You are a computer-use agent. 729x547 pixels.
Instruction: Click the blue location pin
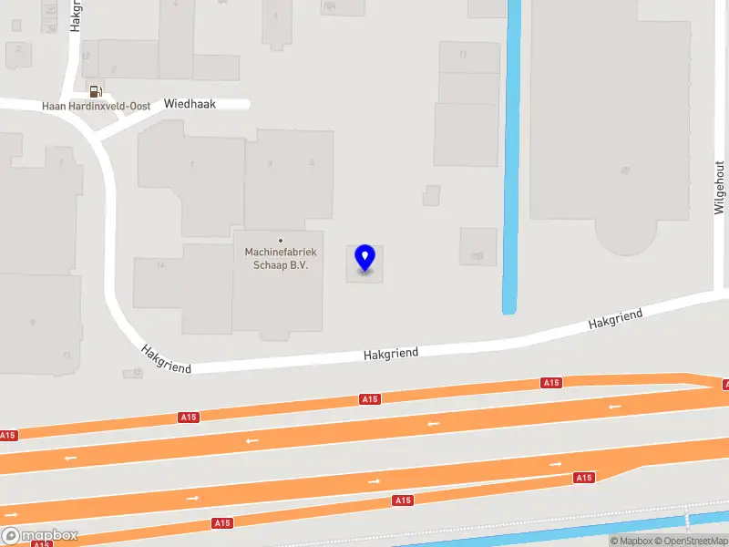(x=364, y=258)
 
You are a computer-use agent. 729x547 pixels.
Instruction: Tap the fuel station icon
(x=95, y=90)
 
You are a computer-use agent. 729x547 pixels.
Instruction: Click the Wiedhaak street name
(x=190, y=104)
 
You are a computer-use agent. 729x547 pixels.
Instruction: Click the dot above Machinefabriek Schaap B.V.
(x=281, y=241)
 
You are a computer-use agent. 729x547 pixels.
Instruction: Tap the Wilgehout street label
(x=719, y=187)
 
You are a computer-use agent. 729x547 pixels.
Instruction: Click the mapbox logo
(x=40, y=535)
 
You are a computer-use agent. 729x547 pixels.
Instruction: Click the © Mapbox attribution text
(x=632, y=542)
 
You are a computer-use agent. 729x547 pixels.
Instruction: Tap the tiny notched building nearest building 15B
(x=431, y=195)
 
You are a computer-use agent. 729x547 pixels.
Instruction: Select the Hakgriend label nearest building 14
(x=166, y=358)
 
